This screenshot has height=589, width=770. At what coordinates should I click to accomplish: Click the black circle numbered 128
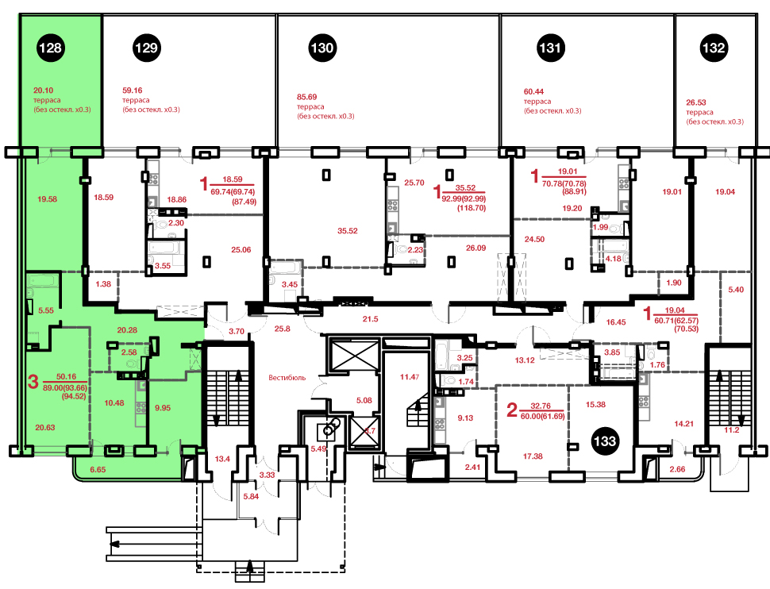tap(50, 48)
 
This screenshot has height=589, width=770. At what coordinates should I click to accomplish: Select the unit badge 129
tap(146, 48)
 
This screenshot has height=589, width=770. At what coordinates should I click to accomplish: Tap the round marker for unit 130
tap(322, 48)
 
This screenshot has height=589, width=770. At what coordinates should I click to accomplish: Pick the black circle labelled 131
tap(550, 48)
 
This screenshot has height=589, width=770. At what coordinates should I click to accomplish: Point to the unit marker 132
tap(714, 48)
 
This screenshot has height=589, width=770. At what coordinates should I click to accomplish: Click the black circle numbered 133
tap(605, 441)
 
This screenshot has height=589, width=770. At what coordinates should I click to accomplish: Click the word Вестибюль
tap(287, 378)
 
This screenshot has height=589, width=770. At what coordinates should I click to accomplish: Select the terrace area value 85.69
tap(307, 98)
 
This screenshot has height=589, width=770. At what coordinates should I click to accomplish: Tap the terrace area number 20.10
tap(43, 90)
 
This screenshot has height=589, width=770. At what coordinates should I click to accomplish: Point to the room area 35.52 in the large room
tap(347, 231)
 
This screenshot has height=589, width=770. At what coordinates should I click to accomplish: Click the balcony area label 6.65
tap(98, 470)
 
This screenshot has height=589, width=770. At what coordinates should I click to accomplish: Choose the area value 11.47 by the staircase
tap(410, 377)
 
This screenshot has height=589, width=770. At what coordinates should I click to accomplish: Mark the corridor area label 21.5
tap(370, 319)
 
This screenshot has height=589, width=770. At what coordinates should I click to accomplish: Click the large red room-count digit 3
tap(33, 382)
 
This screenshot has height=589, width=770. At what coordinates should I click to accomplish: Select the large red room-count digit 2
tap(512, 410)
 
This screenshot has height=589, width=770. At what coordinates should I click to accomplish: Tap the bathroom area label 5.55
tap(46, 310)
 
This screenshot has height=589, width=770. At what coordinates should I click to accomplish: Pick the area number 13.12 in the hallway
tap(525, 360)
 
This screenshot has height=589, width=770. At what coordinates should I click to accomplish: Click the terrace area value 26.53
tap(696, 102)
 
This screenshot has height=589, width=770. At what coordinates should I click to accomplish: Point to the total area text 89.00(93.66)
tap(65, 388)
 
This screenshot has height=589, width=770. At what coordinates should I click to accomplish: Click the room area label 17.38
tap(533, 456)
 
